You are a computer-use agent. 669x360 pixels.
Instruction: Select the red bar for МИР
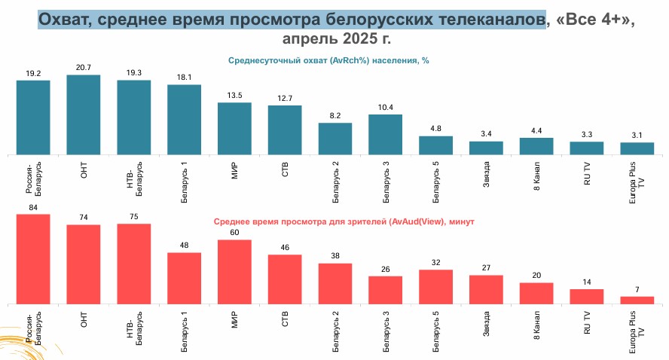[x=234, y=272]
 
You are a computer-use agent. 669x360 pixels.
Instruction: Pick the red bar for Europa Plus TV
[x=637, y=300]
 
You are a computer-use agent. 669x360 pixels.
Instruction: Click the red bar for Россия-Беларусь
[x=33, y=259]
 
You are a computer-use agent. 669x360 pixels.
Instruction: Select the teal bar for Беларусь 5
[x=435, y=145]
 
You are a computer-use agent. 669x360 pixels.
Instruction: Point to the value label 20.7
[x=84, y=68]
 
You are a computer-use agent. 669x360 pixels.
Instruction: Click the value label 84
[x=33, y=207]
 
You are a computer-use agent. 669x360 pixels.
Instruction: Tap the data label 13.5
[x=234, y=96]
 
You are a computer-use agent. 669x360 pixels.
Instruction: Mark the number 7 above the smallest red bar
[x=637, y=289]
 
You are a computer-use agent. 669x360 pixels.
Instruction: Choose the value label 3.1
[x=637, y=135]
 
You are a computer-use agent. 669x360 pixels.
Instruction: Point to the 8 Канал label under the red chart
[x=536, y=322]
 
